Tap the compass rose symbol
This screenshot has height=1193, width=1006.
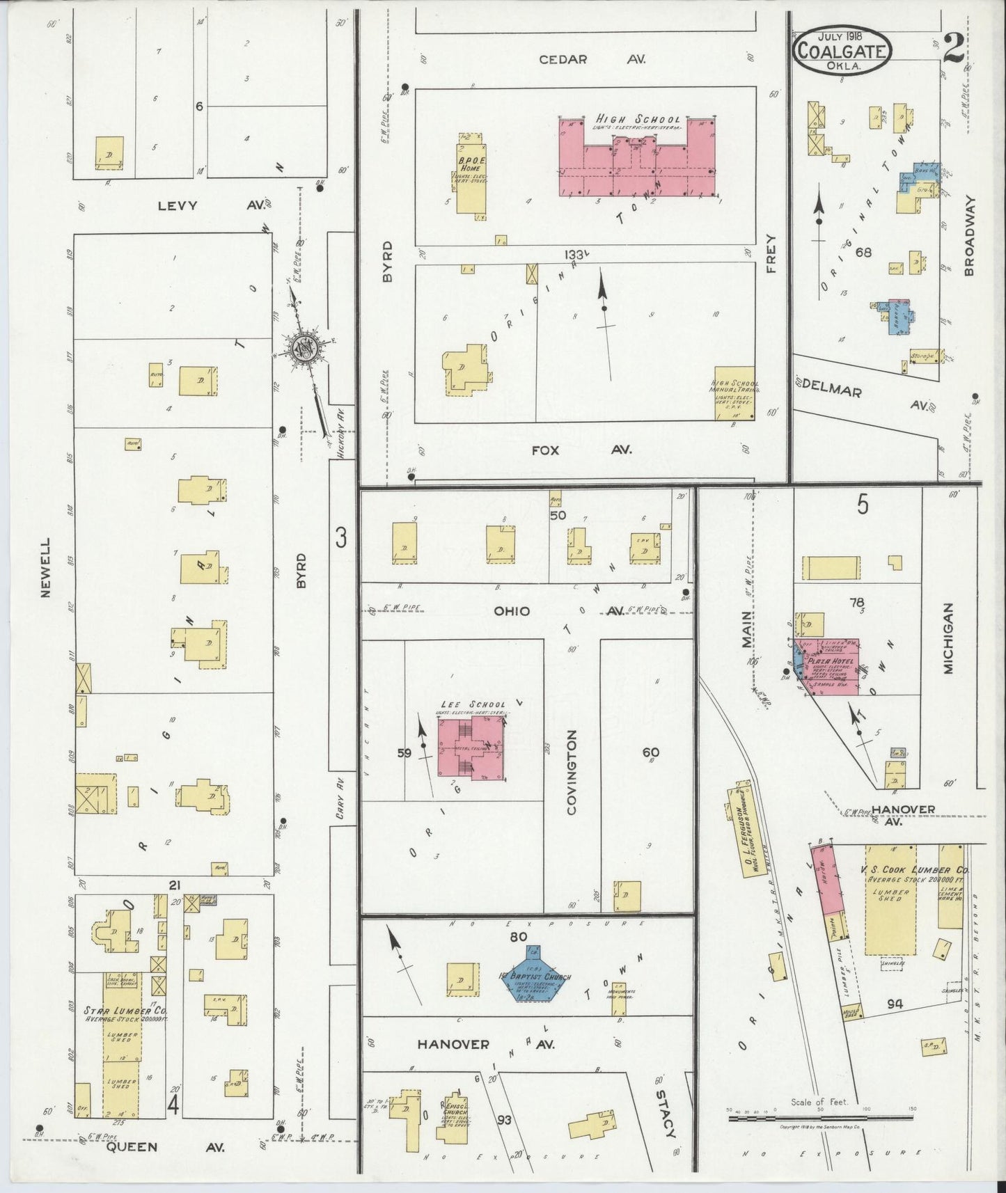click(x=304, y=347)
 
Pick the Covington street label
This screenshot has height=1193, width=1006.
click(x=572, y=773)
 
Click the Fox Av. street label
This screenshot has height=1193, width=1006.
click(x=581, y=450)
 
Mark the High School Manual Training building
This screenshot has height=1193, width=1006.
click(x=735, y=393)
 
